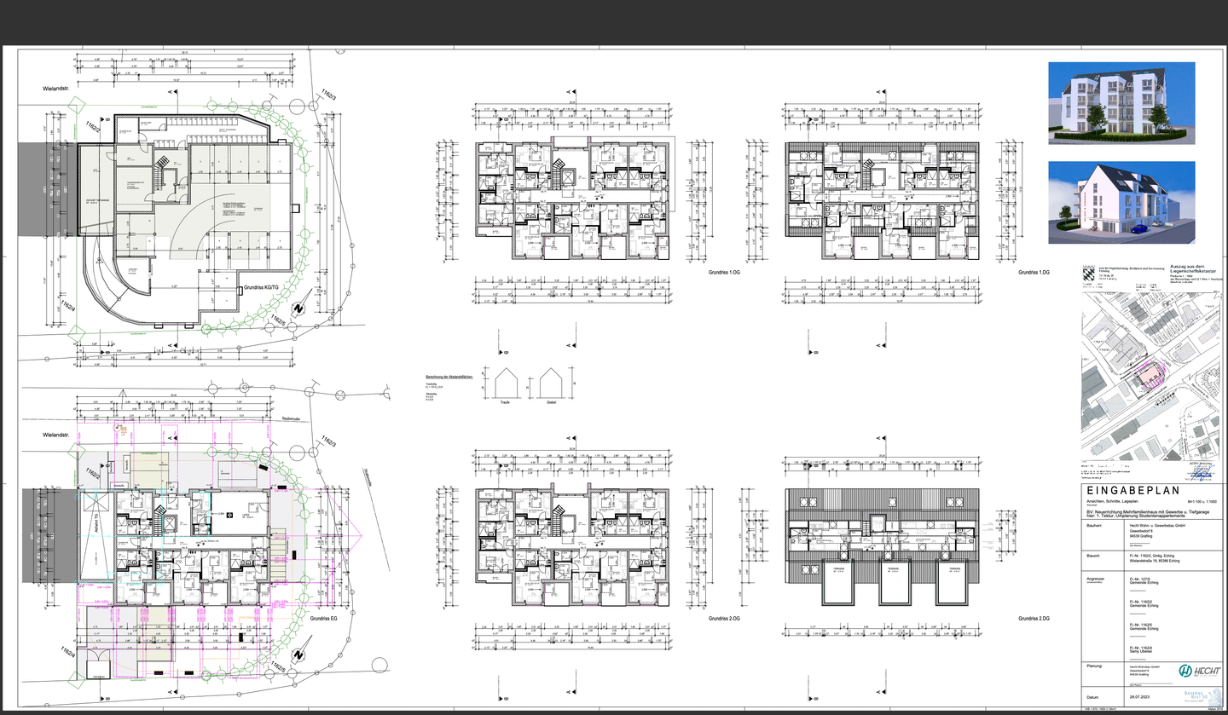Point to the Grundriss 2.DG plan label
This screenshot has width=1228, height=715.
pos(1033,618)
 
